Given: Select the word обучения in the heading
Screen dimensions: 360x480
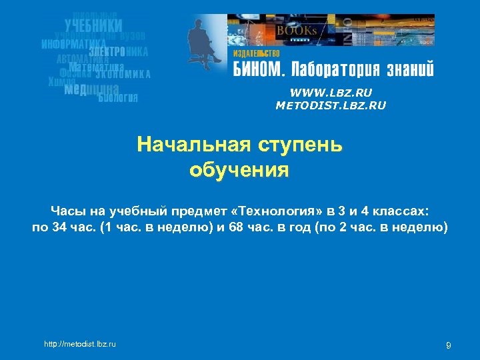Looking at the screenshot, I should pos(239,169).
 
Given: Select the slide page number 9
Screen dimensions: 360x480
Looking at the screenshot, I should pos(448,345).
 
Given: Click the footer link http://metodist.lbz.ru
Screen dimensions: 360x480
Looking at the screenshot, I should pos(80,344).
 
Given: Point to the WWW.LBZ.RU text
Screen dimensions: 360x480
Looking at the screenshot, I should pos(331,93).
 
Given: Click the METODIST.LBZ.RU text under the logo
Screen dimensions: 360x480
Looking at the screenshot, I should pos(331,105).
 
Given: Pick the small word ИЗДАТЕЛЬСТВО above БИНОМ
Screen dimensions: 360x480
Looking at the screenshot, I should pos(256,53).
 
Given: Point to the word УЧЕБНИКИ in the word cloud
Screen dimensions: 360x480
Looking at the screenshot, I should pos(93,25).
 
